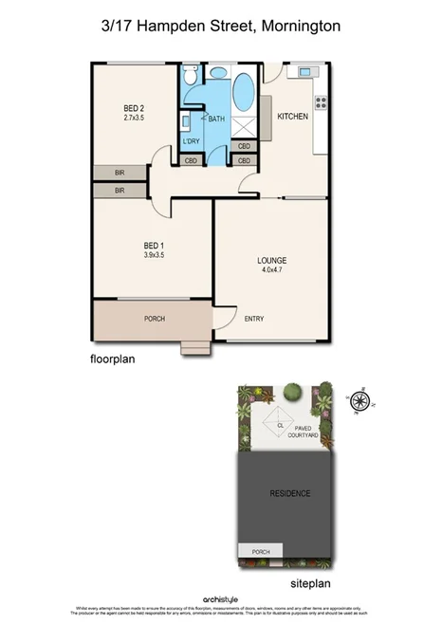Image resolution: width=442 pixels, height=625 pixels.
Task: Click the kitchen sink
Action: click(306, 72)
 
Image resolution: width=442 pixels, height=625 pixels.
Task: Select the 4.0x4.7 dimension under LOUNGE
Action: click(272, 270)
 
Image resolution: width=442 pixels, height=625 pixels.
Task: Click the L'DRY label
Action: click(191, 141)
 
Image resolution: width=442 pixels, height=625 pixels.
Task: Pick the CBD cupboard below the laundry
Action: click(191, 160)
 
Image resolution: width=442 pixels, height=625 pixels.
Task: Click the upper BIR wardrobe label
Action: click(120, 173)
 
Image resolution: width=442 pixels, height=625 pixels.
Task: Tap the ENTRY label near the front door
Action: click(254, 319)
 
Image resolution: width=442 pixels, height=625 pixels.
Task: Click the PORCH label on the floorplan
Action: click(154, 319)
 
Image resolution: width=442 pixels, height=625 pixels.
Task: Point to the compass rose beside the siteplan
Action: click(360, 401)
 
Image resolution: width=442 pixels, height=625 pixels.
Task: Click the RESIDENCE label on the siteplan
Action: click(289, 494)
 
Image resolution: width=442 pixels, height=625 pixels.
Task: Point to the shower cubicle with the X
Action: click(245, 126)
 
